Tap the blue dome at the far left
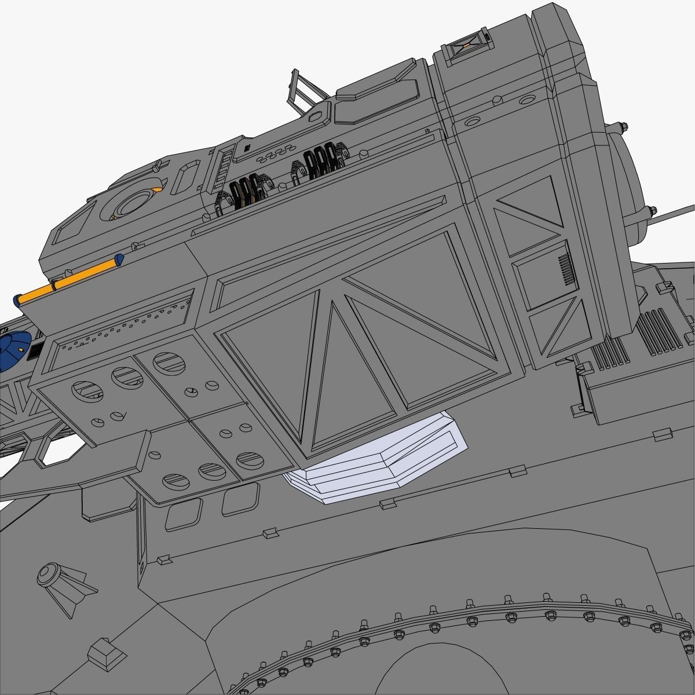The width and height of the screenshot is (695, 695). pos(10,351)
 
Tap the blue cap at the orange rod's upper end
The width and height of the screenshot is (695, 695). pos(119,260)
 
